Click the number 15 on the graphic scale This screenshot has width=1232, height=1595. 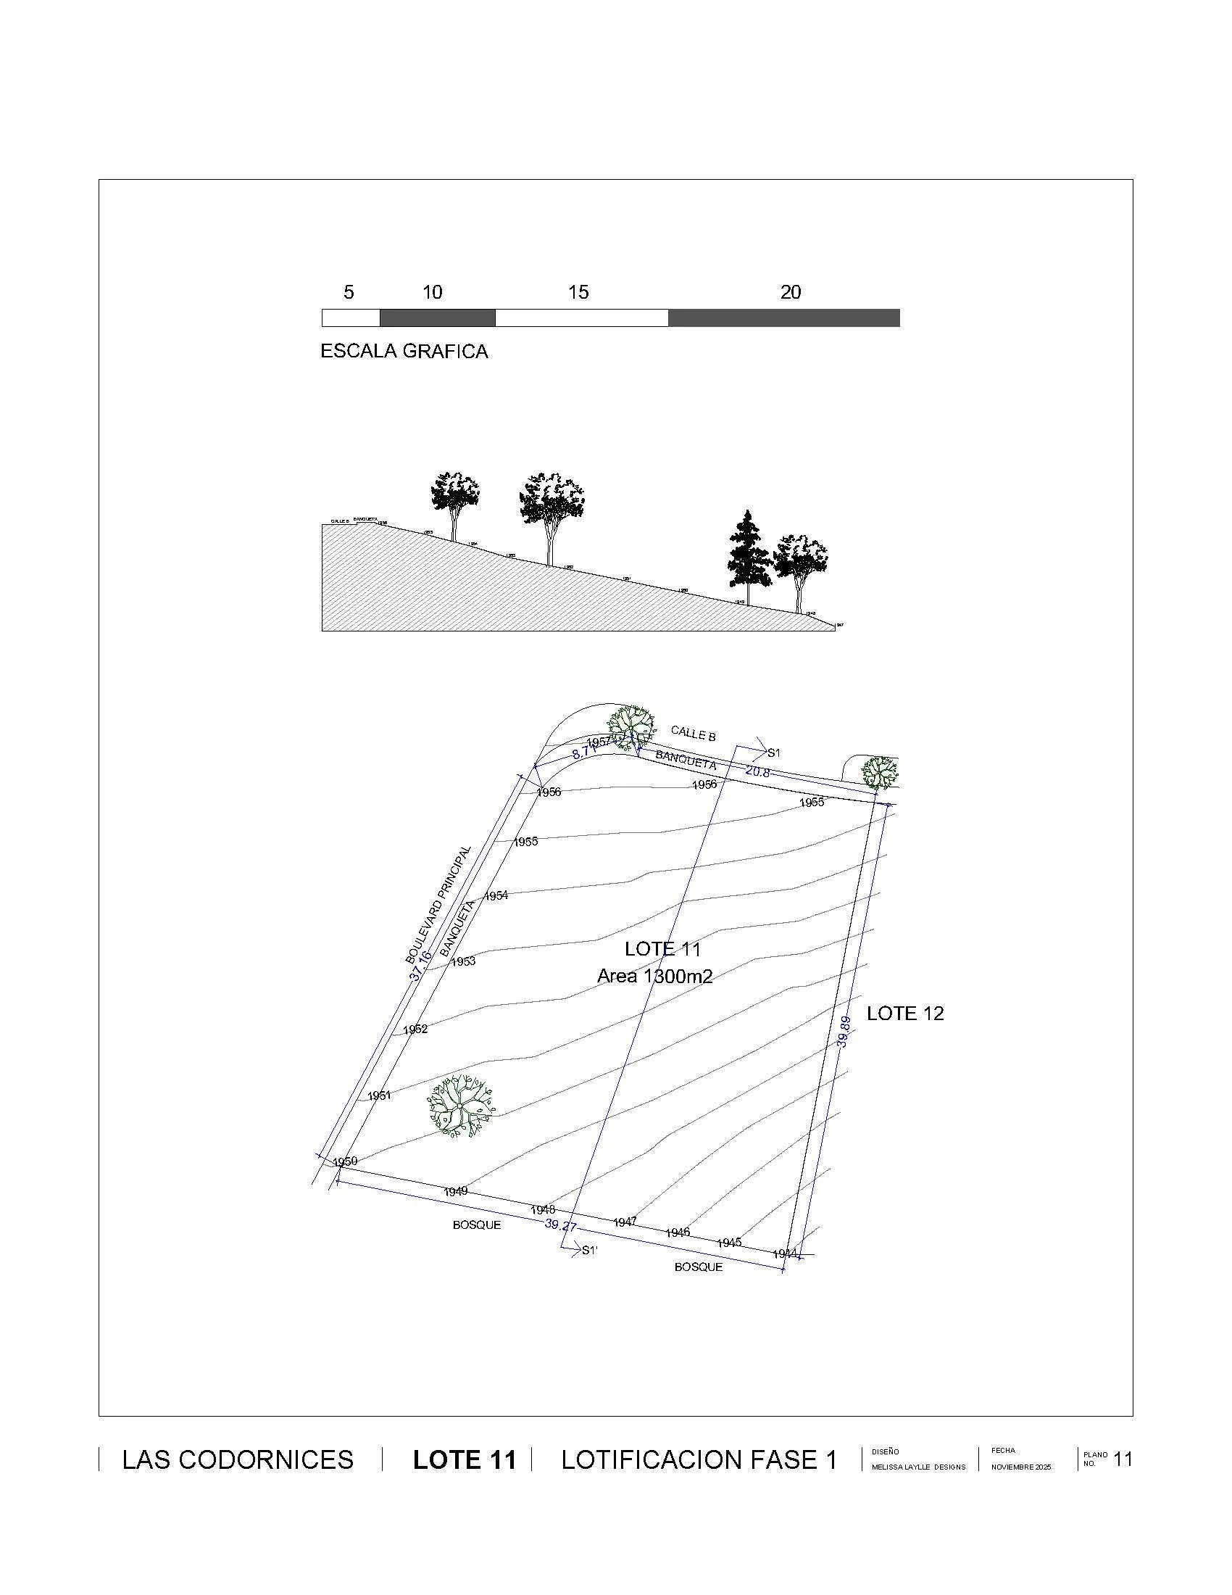click(578, 293)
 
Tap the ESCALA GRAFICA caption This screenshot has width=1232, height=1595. click(404, 352)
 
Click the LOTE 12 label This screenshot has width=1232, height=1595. click(904, 1014)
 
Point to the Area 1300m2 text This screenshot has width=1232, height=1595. click(654, 977)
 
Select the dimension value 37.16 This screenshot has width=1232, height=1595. click(420, 965)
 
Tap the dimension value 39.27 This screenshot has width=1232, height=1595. click(560, 1225)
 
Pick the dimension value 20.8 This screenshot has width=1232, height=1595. click(757, 771)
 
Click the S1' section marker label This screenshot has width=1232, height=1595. click(589, 1251)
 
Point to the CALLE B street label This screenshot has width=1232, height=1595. click(693, 732)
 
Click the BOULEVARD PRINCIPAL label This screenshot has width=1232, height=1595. click(438, 905)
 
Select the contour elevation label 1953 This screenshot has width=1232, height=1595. click(463, 962)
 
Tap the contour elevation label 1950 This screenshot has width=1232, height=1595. click(344, 1161)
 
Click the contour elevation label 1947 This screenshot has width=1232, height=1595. click(625, 1222)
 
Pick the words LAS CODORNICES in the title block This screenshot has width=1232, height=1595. click(237, 1461)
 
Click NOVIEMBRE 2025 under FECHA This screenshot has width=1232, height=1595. click(1020, 1467)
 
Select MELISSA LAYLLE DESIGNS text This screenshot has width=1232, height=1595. click(918, 1467)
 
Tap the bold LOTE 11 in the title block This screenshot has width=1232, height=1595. click(465, 1461)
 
